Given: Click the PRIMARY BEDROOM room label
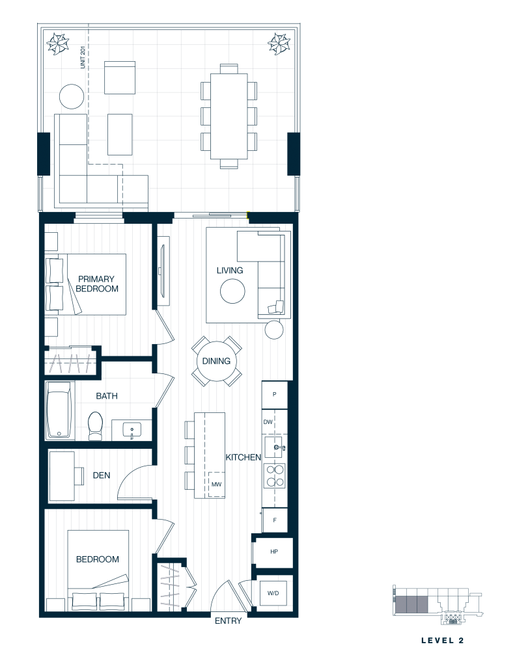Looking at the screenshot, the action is [x=96, y=284].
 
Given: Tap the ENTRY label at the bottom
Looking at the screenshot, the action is [x=228, y=620].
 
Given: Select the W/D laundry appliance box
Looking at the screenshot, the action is [x=273, y=593].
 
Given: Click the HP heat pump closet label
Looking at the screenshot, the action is [x=274, y=552].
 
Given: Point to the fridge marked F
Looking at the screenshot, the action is [x=275, y=520].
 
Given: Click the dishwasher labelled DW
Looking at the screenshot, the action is [x=268, y=421].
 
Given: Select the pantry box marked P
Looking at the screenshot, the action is [x=274, y=395].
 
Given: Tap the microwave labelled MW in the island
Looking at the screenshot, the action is [x=216, y=484].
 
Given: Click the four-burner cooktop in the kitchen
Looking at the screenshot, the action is [x=275, y=475].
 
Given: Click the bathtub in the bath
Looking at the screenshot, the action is [x=59, y=410].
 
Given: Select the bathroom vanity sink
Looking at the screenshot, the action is [x=132, y=431].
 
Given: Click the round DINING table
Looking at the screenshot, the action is [x=216, y=362].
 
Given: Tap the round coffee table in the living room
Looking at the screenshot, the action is [x=232, y=291].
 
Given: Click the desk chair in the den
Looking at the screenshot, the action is [x=79, y=475].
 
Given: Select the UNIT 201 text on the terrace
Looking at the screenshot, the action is [x=83, y=57].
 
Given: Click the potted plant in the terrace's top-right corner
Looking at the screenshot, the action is [x=279, y=43].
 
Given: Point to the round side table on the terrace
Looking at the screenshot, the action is [x=72, y=96].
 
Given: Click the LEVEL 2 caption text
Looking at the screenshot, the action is [x=442, y=640].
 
